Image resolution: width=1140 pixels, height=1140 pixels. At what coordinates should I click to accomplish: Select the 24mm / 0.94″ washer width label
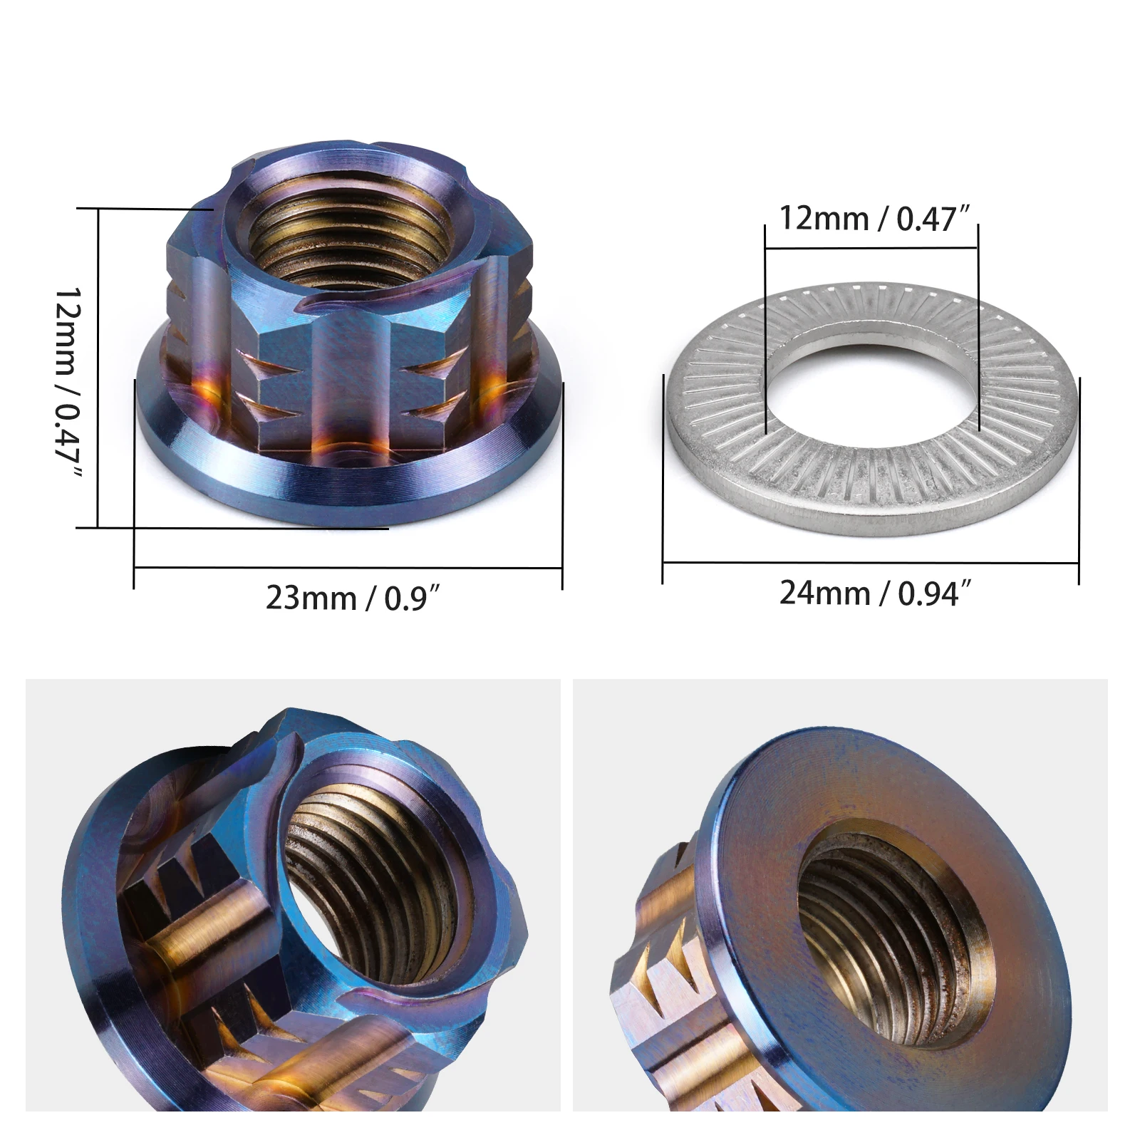pyautogui.click(x=875, y=592)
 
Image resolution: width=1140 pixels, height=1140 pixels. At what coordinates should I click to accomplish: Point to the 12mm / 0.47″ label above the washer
pyautogui.click(x=875, y=217)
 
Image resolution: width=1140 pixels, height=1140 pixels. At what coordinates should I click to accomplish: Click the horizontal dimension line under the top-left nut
pyautogui.click(x=349, y=568)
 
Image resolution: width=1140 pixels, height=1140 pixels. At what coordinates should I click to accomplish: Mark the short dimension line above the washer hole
pyautogui.click(x=871, y=249)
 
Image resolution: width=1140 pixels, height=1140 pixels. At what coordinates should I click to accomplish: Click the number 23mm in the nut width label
pyautogui.click(x=311, y=597)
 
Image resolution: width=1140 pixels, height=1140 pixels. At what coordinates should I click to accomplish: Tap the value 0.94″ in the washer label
pyautogui.click(x=933, y=592)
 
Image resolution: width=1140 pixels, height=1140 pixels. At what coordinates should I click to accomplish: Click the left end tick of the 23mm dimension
pyautogui.click(x=134, y=484)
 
